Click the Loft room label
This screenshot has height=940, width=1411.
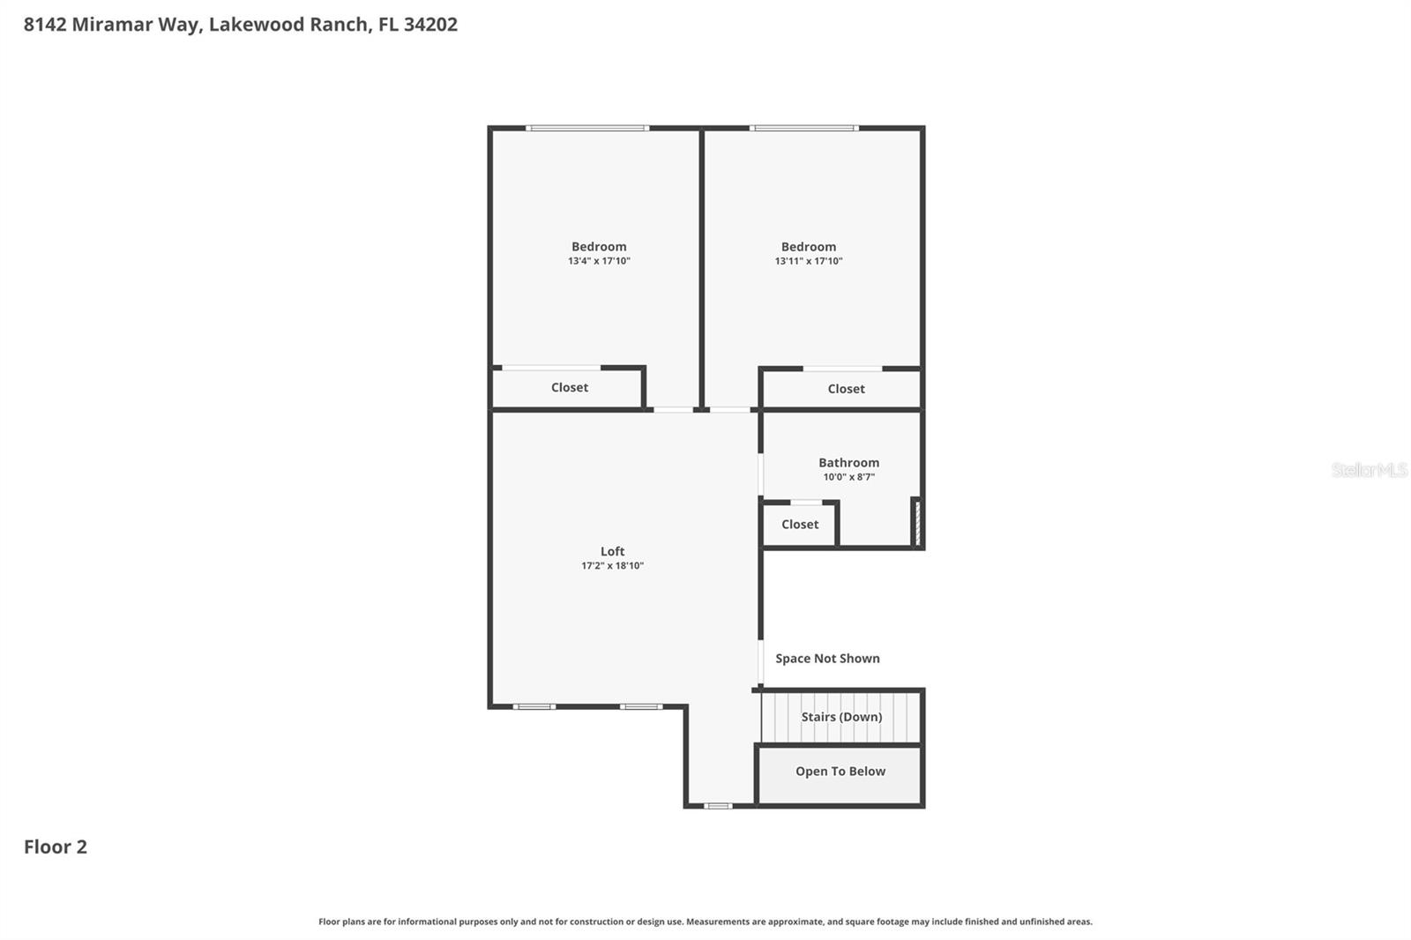pyautogui.click(x=612, y=551)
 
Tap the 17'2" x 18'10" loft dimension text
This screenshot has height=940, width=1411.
pyautogui.click(x=612, y=566)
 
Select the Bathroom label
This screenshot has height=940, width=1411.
pyautogui.click(x=848, y=462)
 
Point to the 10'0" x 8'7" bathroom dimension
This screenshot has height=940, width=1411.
pyautogui.click(x=848, y=477)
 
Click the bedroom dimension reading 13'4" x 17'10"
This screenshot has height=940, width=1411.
pyautogui.click(x=599, y=261)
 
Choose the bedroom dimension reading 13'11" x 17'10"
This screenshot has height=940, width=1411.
pyautogui.click(x=809, y=261)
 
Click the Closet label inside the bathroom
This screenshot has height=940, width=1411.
pyautogui.click(x=800, y=524)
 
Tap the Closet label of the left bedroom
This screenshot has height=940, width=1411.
pyautogui.click(x=570, y=387)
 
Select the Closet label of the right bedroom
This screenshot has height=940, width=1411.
pyautogui.click(x=846, y=389)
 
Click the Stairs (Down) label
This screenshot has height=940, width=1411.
pyautogui.click(x=841, y=717)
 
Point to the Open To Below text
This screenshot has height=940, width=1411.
pyautogui.click(x=840, y=772)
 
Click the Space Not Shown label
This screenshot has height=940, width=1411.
pyautogui.click(x=827, y=659)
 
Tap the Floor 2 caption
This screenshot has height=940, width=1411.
pyautogui.click(x=56, y=847)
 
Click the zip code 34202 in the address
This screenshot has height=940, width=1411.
pyautogui.click(x=430, y=25)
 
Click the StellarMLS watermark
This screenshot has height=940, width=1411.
pyautogui.click(x=1369, y=470)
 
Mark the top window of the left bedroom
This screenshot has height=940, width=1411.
pyautogui.click(x=587, y=129)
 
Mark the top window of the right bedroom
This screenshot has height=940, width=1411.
pyautogui.click(x=803, y=129)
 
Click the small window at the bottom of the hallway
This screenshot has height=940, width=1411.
pyautogui.click(x=718, y=806)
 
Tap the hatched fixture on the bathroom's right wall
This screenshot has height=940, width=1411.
pyautogui.click(x=917, y=523)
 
